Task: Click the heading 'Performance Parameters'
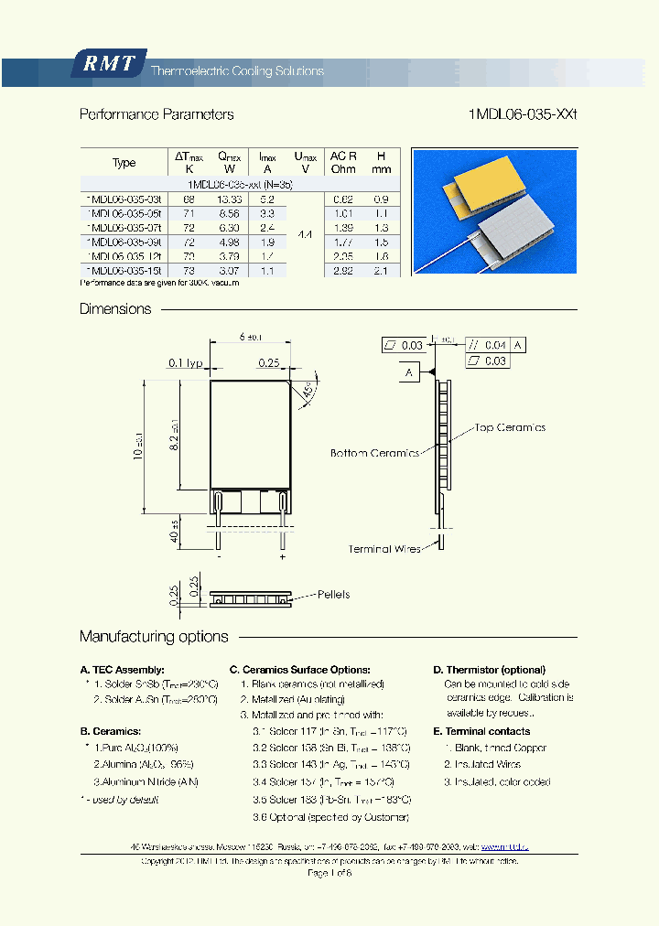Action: (157, 114)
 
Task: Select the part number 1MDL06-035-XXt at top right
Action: (523, 114)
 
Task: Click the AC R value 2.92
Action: (343, 270)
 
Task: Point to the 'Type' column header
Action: (124, 163)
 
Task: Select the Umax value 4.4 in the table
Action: (305, 235)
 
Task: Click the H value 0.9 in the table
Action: (382, 199)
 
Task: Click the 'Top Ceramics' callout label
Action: (509, 427)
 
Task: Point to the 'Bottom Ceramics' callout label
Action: (374, 453)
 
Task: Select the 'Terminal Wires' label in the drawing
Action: (384, 549)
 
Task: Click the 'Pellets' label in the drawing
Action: (333, 594)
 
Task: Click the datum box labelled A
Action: (408, 372)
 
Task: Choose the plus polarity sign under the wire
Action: (282, 555)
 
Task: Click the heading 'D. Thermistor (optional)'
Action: (489, 670)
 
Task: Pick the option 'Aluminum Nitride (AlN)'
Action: (146, 781)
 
